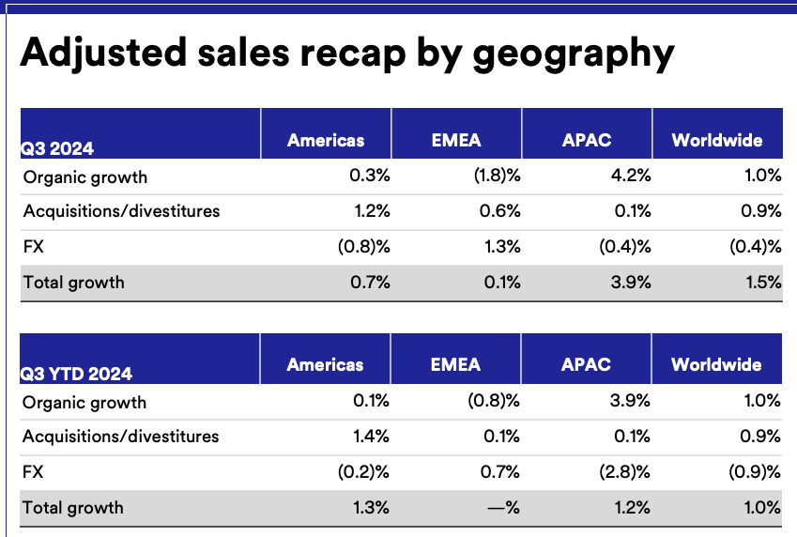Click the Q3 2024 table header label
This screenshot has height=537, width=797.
[x=58, y=147]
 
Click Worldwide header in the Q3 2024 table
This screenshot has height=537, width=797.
[x=716, y=141]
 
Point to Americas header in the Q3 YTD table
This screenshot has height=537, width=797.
[x=326, y=364]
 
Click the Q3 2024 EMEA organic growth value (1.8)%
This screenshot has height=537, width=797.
[x=494, y=176]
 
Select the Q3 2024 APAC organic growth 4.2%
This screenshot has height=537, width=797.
[x=631, y=176]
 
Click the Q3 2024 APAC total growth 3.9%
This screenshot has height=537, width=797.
[x=631, y=282]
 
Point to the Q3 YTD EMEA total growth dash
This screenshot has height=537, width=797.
[x=501, y=508]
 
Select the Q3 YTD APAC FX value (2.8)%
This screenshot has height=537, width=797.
[x=624, y=471]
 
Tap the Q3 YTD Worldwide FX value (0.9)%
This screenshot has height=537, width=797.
[x=755, y=471]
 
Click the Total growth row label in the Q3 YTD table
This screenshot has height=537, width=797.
[x=72, y=508]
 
